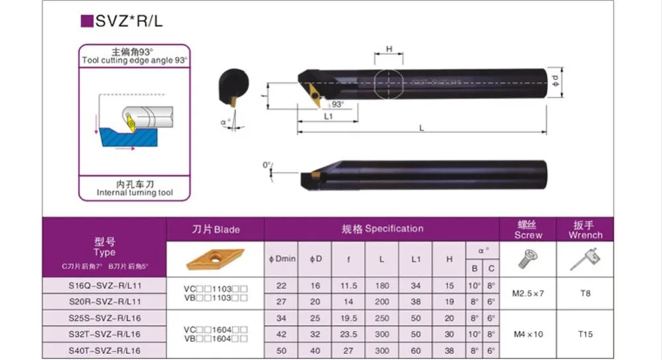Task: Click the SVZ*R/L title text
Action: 128,21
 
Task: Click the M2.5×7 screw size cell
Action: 528,292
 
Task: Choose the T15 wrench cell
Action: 585,334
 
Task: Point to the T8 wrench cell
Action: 585,292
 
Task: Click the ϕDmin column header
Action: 282,259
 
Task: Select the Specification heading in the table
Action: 382,229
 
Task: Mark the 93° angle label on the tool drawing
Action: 338,105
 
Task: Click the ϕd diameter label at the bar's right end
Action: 555,82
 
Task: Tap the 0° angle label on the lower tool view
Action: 267,164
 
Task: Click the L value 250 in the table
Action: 382,318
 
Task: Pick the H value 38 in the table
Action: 450,349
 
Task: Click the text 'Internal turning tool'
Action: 135,193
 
